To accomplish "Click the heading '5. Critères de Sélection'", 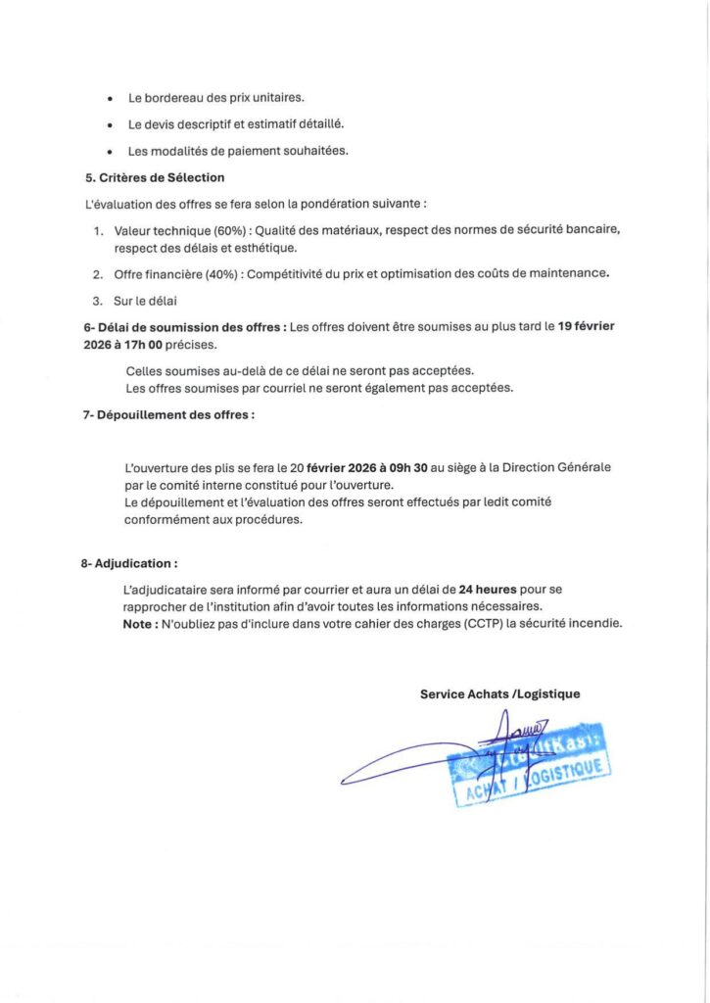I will (x=155, y=177).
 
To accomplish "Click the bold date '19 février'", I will (x=586, y=326).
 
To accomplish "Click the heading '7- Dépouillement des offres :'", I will (x=168, y=414).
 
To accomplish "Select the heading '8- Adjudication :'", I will (x=129, y=564).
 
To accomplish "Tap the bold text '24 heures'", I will (x=489, y=590).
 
